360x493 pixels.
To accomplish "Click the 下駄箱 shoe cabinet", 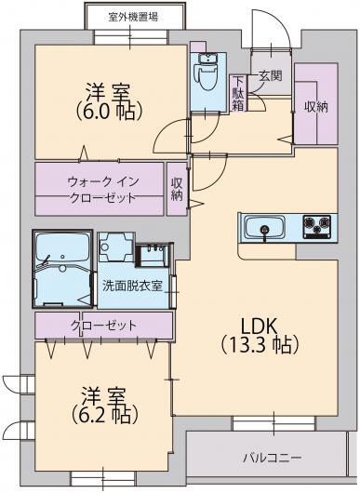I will pos(239,92).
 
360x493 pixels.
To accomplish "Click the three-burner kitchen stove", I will pos(316,224).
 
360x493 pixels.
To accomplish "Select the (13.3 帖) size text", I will pos(260,345).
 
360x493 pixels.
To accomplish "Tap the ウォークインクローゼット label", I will pos(100,189).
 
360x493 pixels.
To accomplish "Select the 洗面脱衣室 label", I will pos(132,286).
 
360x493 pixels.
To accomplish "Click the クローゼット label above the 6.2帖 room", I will pos(102,326).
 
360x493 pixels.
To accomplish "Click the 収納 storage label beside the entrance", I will pos(315,106).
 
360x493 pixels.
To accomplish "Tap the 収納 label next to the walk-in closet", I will pos(177,189).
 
